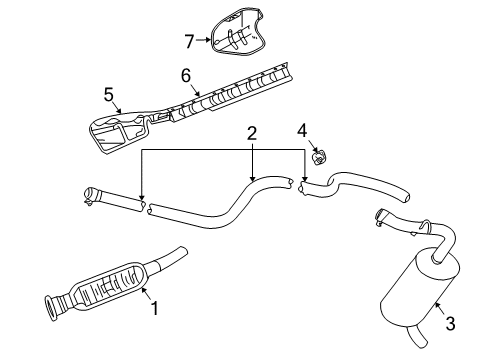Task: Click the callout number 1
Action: point(155,310)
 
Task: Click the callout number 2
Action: point(252,133)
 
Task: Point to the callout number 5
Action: point(109,96)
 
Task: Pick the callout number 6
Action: point(185,76)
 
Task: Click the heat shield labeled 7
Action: point(236,36)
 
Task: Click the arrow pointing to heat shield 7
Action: point(204,41)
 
